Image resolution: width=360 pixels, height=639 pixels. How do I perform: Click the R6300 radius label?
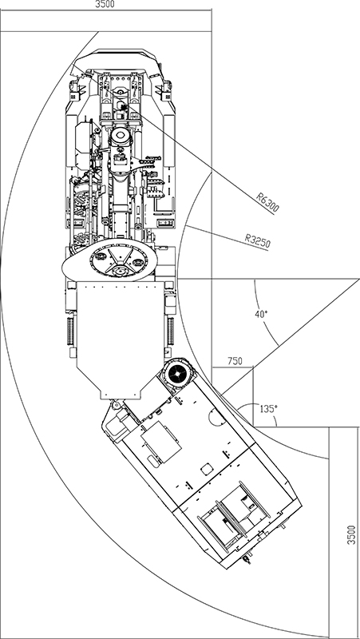[x=267, y=203]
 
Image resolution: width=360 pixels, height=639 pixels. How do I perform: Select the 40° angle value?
[x=261, y=314]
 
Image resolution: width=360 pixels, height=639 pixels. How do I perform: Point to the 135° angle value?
[x=267, y=409]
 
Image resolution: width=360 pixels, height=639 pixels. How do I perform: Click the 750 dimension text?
[x=235, y=361]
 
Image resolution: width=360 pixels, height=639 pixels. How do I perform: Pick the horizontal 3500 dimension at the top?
[x=105, y=5]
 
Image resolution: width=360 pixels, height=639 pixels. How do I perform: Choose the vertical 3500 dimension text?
[x=351, y=534]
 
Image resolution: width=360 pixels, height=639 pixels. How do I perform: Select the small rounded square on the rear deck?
[x=207, y=469]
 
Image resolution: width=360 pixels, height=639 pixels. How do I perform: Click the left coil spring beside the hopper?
[x=71, y=331]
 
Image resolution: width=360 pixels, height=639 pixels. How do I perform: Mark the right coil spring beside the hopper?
[x=171, y=331]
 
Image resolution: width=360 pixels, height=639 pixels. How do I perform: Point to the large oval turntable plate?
[x=109, y=260]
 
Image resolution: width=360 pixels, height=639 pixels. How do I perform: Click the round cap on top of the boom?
[x=121, y=136]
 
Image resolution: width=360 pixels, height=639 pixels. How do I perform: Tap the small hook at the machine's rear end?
[x=246, y=560]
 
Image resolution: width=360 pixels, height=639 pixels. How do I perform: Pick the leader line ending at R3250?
[x=227, y=237]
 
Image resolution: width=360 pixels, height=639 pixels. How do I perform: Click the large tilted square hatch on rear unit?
[x=161, y=443]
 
